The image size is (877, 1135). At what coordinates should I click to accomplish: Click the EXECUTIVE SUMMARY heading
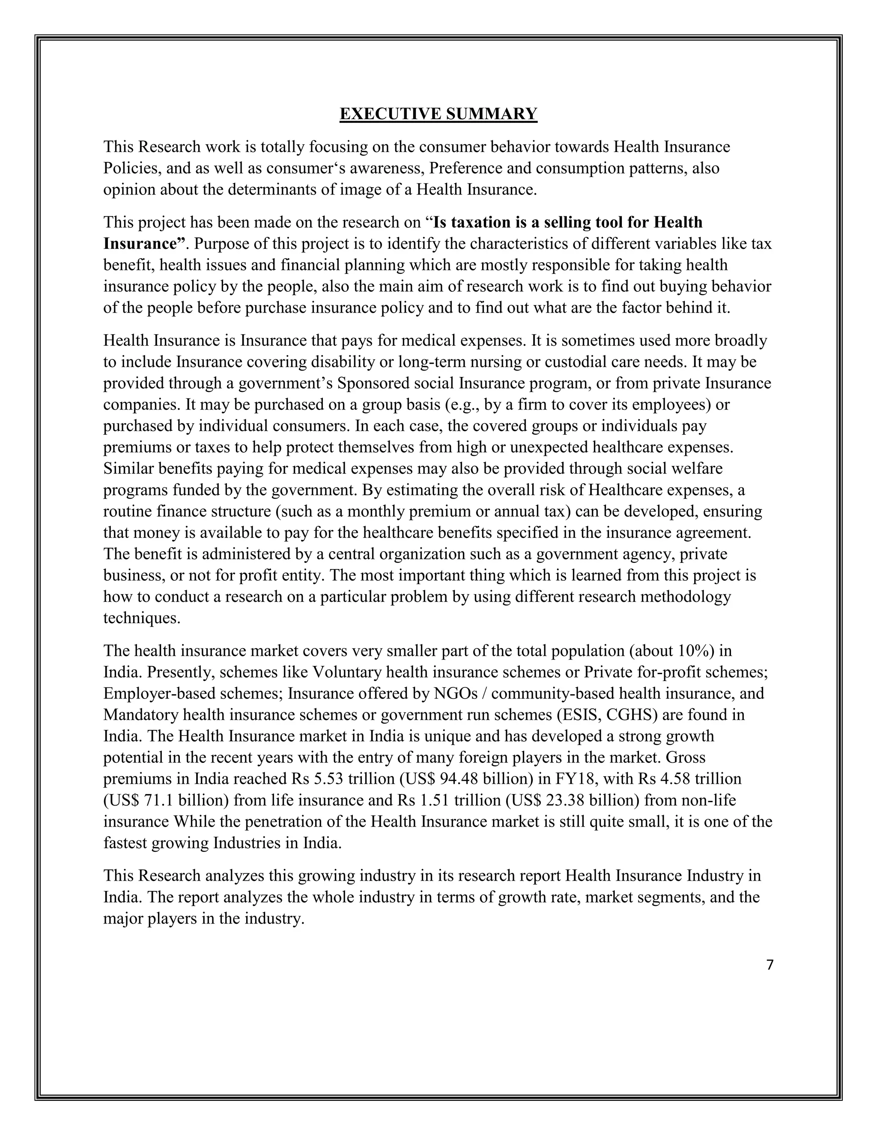click(x=438, y=114)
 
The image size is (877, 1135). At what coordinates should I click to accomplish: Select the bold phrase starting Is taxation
click(x=567, y=222)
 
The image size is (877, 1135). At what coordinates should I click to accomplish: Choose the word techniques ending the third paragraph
click(x=141, y=618)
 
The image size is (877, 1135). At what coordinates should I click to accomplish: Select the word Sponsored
click(x=369, y=383)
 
